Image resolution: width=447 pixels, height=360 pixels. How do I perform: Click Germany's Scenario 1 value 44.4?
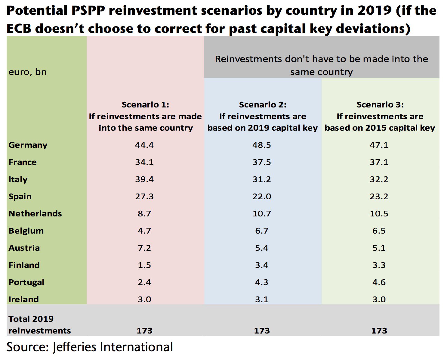click(x=144, y=145)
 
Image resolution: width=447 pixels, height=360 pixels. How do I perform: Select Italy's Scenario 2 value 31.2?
click(x=262, y=179)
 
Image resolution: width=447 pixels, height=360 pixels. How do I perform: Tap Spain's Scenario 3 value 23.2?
click(x=379, y=197)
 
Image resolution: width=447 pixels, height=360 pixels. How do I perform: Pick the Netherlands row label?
click(x=35, y=214)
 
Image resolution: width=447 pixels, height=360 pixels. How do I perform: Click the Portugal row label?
click(x=26, y=282)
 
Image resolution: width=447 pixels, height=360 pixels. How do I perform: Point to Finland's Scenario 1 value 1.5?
click(x=144, y=265)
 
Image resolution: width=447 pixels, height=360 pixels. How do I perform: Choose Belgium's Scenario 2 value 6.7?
click(x=262, y=231)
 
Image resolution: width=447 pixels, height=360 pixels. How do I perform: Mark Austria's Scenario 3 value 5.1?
click(x=379, y=248)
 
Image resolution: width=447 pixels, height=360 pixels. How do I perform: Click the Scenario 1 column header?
click(x=145, y=116)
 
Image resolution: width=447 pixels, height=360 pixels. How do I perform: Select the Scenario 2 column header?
click(x=263, y=116)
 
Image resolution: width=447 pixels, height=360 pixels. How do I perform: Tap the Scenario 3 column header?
click(x=380, y=116)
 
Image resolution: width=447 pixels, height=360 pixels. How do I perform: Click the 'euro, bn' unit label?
click(x=28, y=72)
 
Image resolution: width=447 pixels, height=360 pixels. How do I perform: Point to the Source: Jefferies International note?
click(x=90, y=347)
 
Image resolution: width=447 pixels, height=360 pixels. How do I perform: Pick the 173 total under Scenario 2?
click(x=262, y=331)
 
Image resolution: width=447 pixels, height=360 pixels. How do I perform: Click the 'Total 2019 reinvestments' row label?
click(x=39, y=325)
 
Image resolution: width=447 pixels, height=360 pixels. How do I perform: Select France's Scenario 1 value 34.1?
click(x=144, y=162)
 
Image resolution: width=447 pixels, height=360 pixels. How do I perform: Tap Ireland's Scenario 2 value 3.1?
click(x=262, y=299)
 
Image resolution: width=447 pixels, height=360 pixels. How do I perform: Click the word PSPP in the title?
click(x=87, y=11)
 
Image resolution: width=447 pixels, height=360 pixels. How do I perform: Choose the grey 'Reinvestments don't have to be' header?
click(x=321, y=65)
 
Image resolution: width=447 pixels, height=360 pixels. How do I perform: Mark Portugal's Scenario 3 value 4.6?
click(x=379, y=282)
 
